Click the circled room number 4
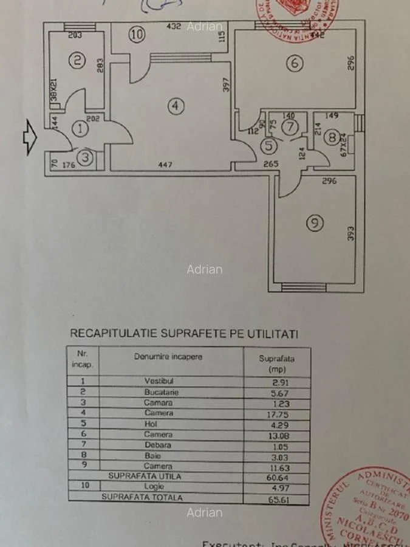[175, 106]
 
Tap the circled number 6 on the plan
[294, 63]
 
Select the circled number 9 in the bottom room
[313, 224]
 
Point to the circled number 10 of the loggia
[138, 35]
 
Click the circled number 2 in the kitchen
[77, 60]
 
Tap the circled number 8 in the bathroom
[332, 138]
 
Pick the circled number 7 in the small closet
[290, 128]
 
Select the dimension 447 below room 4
[166, 164]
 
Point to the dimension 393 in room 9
[350, 234]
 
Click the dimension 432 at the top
[174, 27]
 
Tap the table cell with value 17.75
[276, 414]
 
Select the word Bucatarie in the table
[161, 393]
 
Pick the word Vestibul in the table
[159, 382]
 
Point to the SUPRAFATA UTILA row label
[145, 476]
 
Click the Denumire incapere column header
[168, 356]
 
